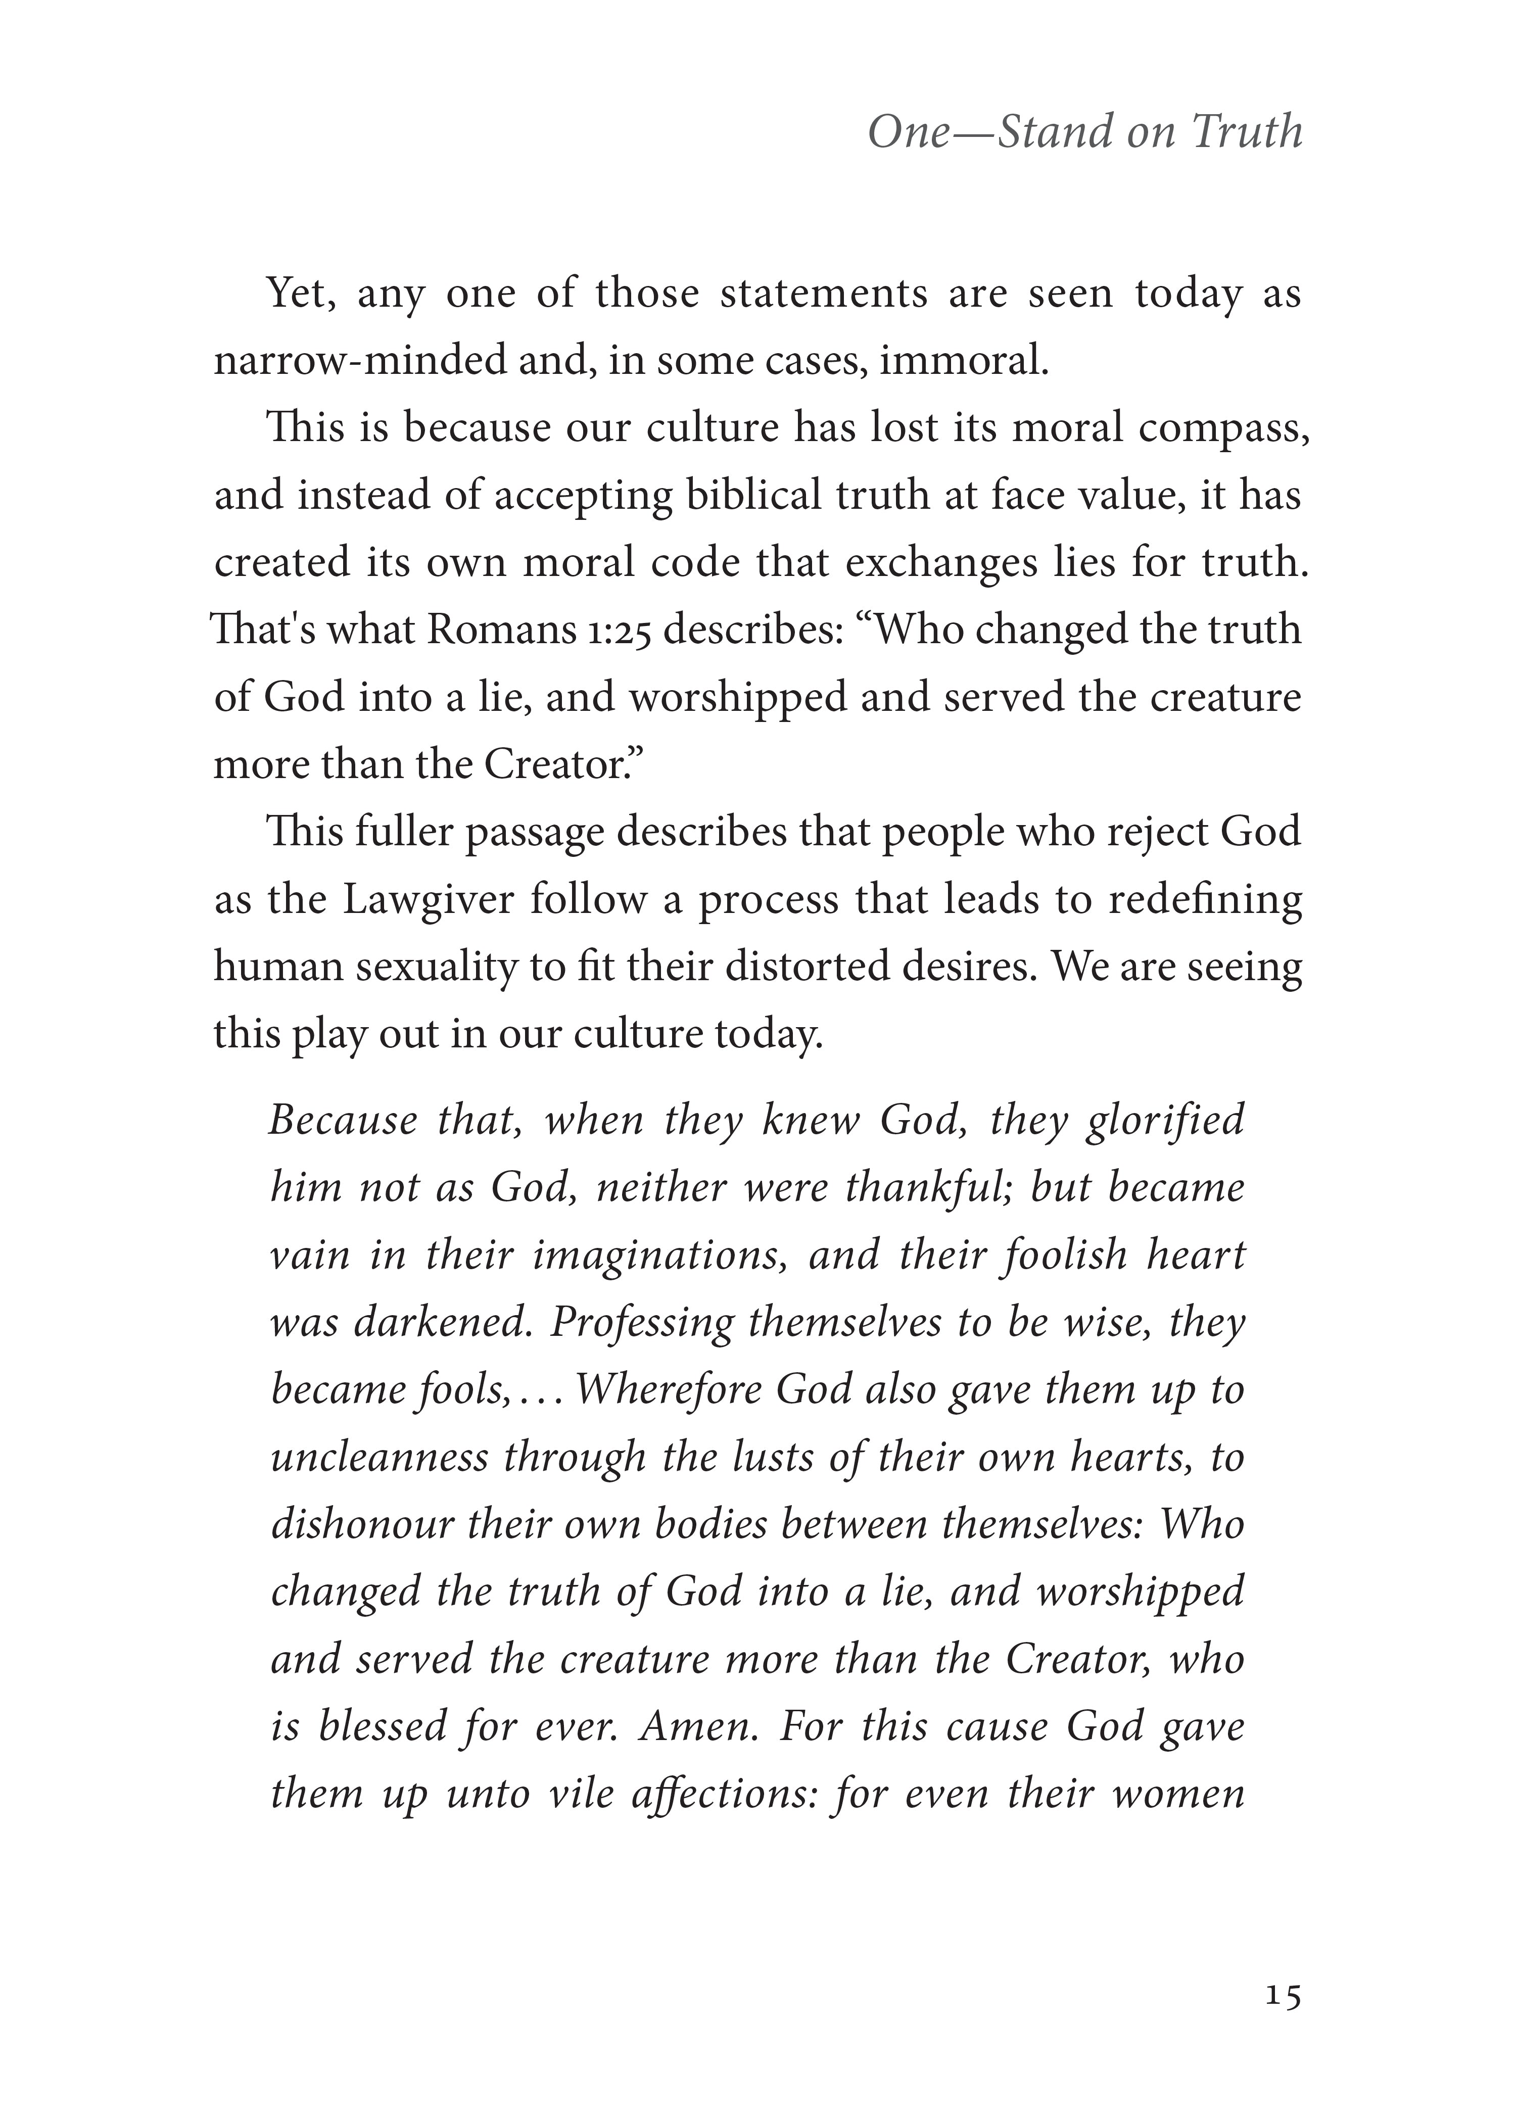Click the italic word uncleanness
[x=379, y=1458]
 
